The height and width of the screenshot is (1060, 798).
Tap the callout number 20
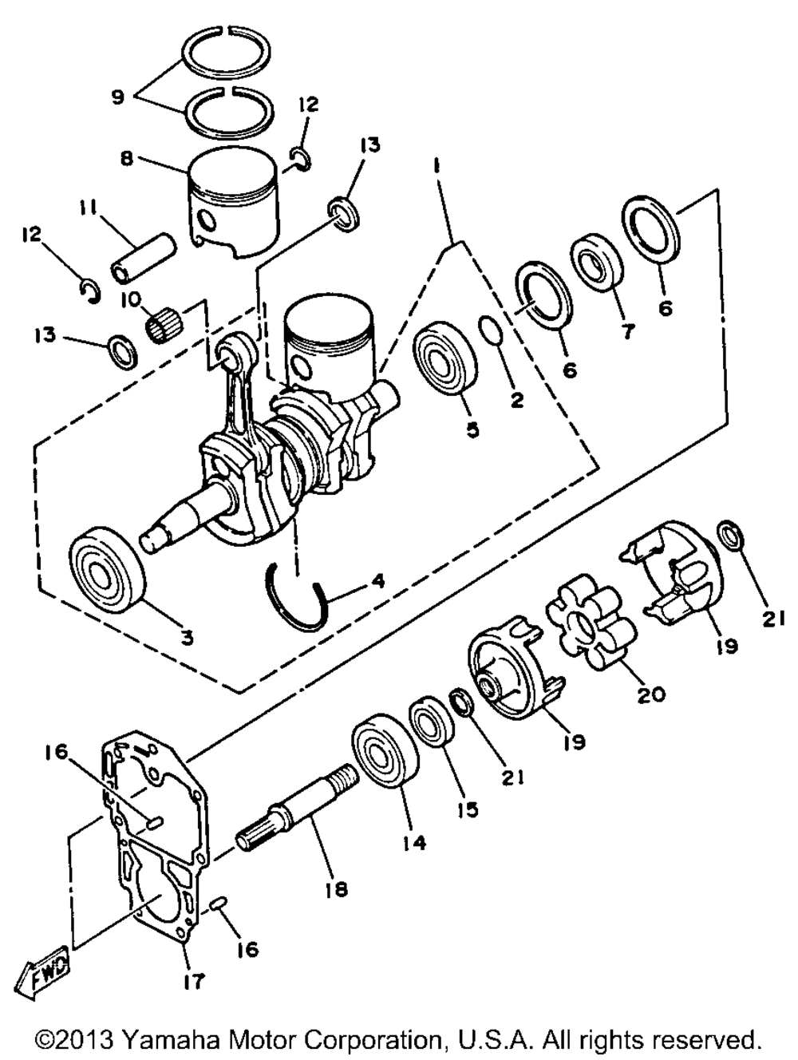[x=650, y=695]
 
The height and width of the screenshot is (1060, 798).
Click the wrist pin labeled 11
[x=143, y=257]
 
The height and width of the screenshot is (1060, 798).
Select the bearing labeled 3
[x=107, y=571]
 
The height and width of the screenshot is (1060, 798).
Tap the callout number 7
[x=627, y=332]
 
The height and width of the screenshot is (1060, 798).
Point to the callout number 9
[x=118, y=97]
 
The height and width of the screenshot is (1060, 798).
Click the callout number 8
[x=126, y=158]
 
